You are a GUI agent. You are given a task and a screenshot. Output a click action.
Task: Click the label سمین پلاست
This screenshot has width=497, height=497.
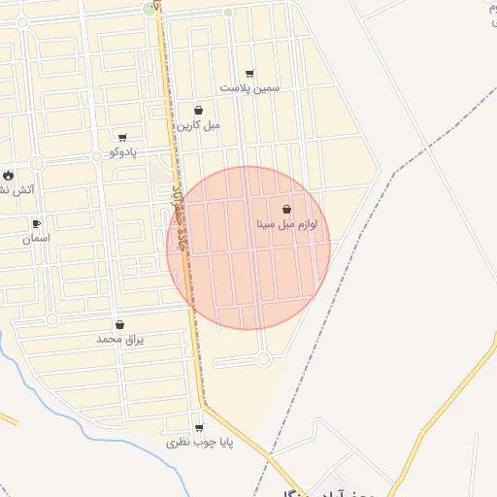click(x=249, y=87)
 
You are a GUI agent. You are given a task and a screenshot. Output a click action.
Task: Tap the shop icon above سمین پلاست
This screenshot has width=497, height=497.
click(x=249, y=73)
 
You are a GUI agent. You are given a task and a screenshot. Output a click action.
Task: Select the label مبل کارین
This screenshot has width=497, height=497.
click(x=198, y=125)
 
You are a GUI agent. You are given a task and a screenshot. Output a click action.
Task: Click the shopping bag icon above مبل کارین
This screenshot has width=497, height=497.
click(x=198, y=111)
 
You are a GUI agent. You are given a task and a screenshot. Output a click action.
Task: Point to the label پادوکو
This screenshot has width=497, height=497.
click(x=123, y=152)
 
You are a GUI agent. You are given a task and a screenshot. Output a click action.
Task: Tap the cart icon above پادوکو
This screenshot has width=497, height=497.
click(x=122, y=138)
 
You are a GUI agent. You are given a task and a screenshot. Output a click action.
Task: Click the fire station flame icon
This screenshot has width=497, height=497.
click(x=8, y=175)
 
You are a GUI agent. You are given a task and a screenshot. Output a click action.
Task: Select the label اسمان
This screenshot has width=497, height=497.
click(x=36, y=238)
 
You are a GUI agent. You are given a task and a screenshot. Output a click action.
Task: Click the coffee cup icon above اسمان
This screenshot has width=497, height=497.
click(x=36, y=223)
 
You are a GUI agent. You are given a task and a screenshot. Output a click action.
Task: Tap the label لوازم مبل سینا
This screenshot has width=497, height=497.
click(x=287, y=224)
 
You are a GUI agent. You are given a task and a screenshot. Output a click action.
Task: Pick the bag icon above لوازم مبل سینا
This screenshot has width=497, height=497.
click(x=286, y=210)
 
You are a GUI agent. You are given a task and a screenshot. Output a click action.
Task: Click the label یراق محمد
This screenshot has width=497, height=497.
click(x=119, y=340)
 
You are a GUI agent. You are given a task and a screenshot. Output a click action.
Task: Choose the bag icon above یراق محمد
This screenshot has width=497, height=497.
click(x=119, y=325)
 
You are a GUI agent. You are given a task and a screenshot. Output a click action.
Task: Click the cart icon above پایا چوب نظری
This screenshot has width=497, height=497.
click(x=199, y=428)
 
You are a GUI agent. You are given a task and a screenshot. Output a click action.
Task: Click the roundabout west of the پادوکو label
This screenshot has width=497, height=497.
click(x=38, y=161)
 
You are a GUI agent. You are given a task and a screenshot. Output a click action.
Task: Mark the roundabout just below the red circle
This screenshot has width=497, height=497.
click(x=262, y=360)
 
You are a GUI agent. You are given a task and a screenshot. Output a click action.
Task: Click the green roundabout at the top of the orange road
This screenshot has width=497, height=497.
click(x=149, y=9)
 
